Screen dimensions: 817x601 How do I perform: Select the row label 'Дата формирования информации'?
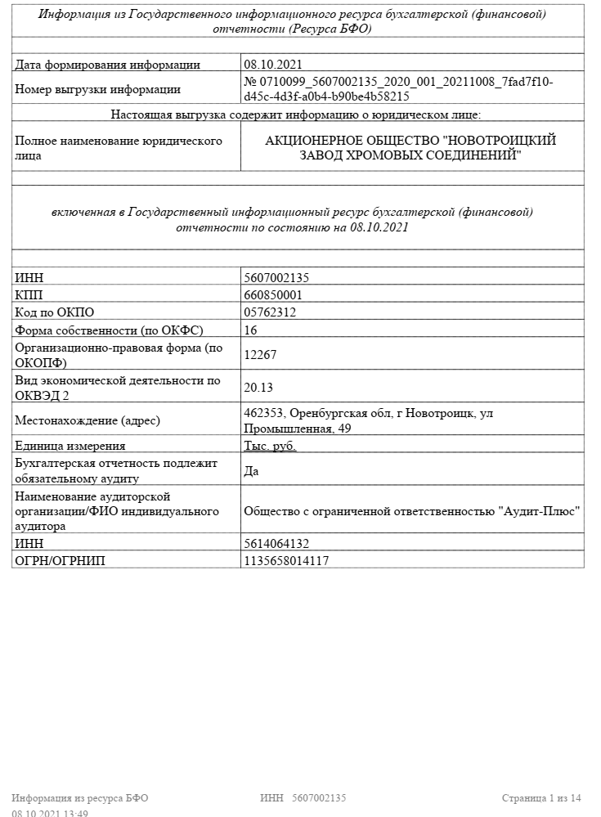(107, 65)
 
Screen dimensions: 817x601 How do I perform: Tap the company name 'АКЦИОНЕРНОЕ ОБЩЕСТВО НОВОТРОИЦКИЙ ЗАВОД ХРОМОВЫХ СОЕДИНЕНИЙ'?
(410, 147)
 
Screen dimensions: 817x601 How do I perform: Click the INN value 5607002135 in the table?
(276, 278)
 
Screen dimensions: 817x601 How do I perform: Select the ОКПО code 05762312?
(270, 312)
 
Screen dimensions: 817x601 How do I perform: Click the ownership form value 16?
(250, 330)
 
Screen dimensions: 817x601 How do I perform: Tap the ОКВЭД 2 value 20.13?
(259, 387)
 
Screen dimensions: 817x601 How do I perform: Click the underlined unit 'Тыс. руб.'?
(271, 446)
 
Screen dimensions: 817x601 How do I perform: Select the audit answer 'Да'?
(252, 470)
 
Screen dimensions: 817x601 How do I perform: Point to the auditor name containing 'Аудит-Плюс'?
(412, 510)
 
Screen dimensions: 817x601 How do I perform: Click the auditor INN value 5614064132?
(276, 543)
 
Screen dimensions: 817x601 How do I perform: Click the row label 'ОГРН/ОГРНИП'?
(60, 560)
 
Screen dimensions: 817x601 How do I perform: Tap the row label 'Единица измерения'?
(70, 446)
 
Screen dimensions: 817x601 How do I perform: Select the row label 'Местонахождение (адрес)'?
(87, 420)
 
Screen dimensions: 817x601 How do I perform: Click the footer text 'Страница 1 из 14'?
(541, 797)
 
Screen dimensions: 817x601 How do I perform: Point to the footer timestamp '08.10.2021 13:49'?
(50, 813)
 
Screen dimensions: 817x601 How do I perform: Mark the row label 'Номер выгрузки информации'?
(98, 89)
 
